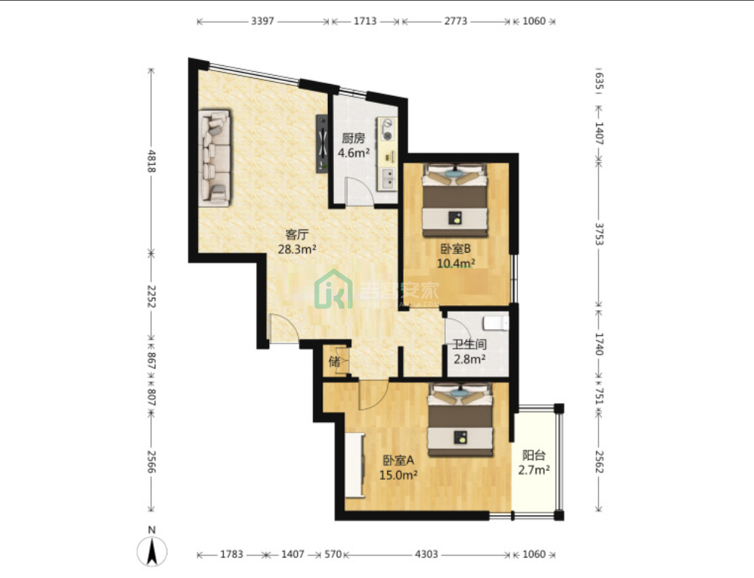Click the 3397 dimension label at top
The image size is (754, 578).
[x=263, y=21]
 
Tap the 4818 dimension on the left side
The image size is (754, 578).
[x=152, y=161]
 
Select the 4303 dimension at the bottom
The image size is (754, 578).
[x=426, y=555]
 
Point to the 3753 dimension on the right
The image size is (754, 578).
[x=599, y=234]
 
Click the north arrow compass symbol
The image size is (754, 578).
[x=152, y=550]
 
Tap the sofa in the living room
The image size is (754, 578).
[x=215, y=158]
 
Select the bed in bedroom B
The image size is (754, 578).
[x=455, y=200]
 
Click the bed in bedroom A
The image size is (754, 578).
[x=461, y=419]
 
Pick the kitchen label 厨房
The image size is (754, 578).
[x=353, y=139]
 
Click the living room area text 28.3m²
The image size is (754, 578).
[x=297, y=250]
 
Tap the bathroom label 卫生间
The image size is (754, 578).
[x=470, y=345]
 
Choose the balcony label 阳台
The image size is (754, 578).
[x=533, y=455]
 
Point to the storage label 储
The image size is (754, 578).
[x=334, y=361]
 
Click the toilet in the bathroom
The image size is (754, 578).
[x=496, y=323]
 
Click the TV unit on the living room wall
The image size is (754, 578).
[x=322, y=144]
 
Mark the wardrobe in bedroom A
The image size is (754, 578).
[x=355, y=465]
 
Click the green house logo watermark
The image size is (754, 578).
[x=333, y=289]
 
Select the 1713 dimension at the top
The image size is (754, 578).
[x=365, y=21]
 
